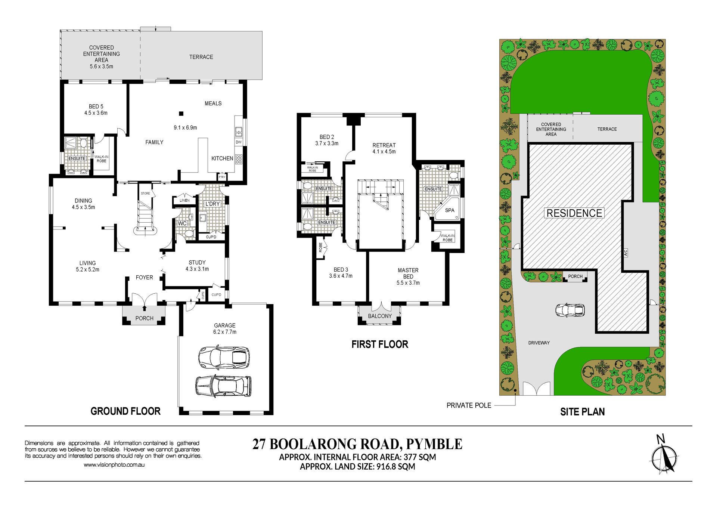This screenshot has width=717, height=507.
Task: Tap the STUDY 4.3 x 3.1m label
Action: [197, 266]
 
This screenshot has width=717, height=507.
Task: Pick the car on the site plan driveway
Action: [570, 310]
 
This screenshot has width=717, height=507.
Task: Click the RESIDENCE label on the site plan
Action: [574, 213]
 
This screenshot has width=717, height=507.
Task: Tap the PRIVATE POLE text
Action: [469, 405]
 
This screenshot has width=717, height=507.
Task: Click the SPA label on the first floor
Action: [450, 210]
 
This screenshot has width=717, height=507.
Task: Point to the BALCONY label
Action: [380, 316]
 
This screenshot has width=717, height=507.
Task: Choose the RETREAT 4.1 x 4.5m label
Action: [384, 148]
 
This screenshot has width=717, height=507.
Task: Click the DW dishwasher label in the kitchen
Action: [239, 142]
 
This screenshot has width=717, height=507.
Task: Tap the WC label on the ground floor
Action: [182, 223]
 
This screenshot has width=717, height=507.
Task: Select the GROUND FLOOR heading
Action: [125, 411]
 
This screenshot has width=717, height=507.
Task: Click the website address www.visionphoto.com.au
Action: [114, 465]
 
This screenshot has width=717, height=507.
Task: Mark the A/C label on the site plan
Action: [626, 253]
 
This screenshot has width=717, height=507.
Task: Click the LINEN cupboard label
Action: [184, 200]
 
